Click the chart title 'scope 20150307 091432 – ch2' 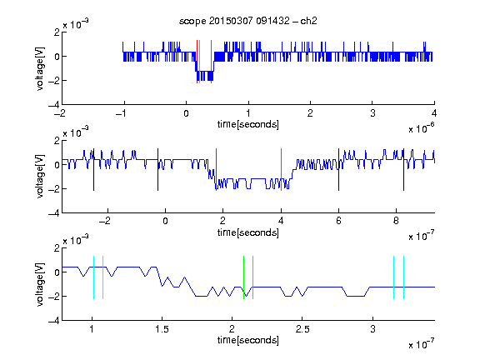[248, 21]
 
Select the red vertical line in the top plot [197, 62]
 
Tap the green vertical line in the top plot [200, 62]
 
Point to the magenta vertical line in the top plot [211, 62]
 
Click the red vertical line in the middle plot [216, 170]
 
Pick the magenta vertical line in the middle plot [281, 170]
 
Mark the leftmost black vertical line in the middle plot [93, 170]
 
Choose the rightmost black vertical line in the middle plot [403, 170]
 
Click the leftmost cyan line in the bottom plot [93, 277]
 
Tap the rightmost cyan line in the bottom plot [403, 277]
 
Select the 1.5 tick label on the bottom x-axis [162, 329]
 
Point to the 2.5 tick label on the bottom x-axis [302, 329]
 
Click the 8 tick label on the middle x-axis [396, 221]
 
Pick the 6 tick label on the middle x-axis [338, 221]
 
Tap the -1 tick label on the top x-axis [121, 113]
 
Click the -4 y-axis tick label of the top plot [53, 105]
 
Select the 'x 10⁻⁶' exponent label [422, 128]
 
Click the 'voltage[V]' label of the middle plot [40, 177]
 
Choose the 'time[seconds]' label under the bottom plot [248, 340]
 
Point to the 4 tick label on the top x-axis [434, 113]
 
